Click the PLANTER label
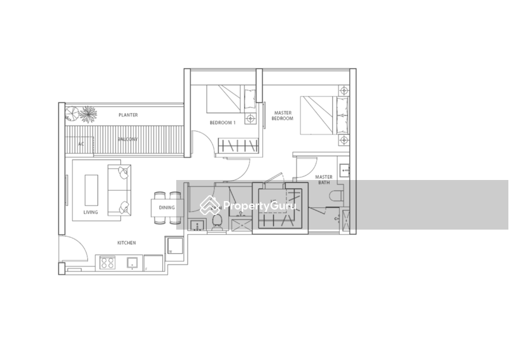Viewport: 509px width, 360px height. coord(128,115)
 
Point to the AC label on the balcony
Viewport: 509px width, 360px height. coord(81,144)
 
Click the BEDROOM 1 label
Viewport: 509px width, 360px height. coord(223,122)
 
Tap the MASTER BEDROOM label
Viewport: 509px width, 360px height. coord(283,116)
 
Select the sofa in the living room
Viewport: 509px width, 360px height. coord(120,188)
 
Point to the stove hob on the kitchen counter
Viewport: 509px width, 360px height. coord(106,261)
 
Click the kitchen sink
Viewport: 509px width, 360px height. coord(132,261)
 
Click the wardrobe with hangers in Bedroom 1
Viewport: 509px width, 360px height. coord(236,146)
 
